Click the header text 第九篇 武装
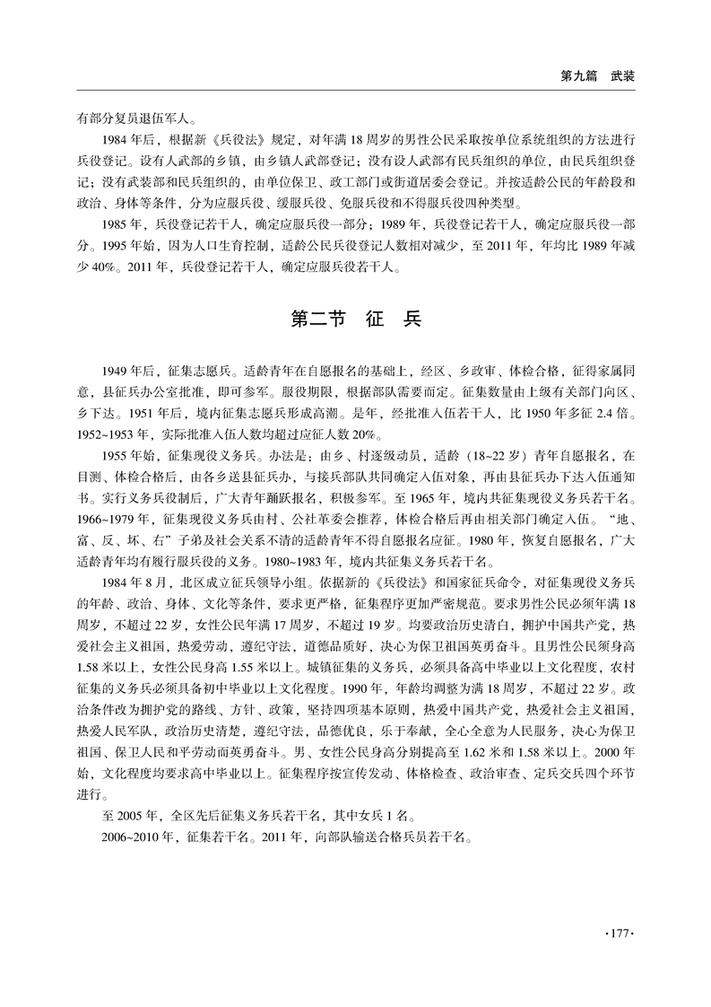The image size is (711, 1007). tap(597, 76)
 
